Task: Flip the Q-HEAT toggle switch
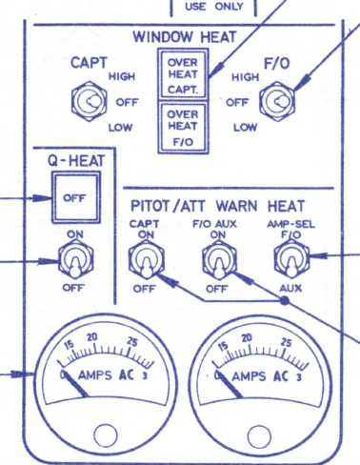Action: [x=72, y=255]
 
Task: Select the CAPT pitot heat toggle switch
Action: [x=146, y=257]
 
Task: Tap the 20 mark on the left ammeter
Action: [x=92, y=336]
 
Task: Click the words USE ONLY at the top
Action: [x=213, y=6]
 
